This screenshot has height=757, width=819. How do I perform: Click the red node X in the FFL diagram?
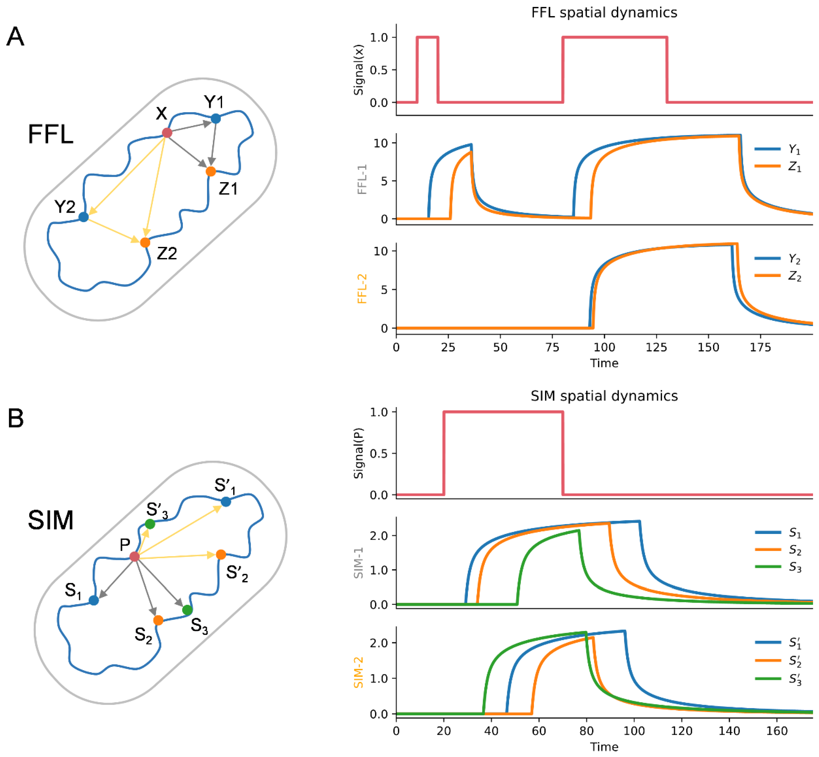click(167, 133)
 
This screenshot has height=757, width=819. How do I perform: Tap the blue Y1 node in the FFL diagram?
click(216, 118)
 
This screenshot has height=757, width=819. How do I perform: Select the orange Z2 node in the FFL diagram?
click(145, 242)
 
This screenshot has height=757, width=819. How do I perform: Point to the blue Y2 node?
click(84, 217)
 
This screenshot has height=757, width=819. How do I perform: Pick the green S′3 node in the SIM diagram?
click(150, 524)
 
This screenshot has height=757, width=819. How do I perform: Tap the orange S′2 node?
click(221, 554)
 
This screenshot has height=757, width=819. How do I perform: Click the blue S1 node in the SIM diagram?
click(94, 601)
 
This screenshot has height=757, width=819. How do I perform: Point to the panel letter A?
click(16, 37)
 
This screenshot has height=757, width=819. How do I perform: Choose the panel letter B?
click(16, 419)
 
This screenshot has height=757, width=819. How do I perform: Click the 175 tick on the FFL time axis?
click(760, 347)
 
